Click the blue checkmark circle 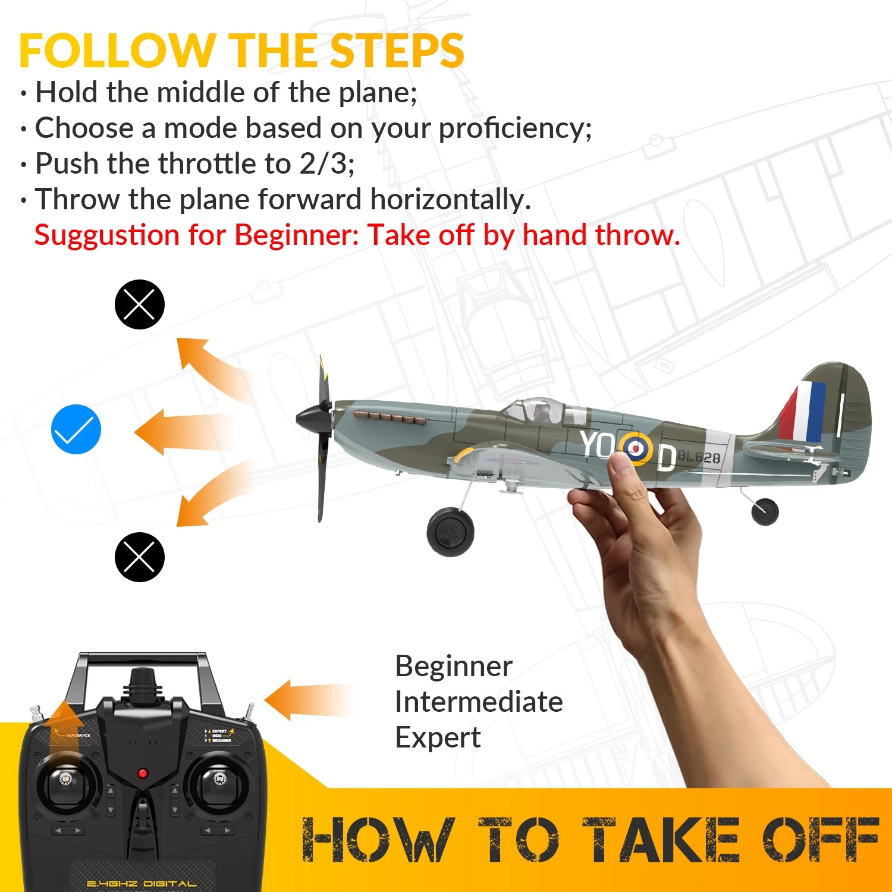click(x=76, y=429)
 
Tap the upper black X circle click(x=139, y=304)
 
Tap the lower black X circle click(x=139, y=557)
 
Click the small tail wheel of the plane click(x=765, y=511)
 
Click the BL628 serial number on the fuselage click(x=699, y=457)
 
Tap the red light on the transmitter click(x=143, y=773)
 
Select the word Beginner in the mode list click(x=453, y=666)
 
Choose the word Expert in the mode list click(x=438, y=737)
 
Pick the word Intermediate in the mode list click(x=479, y=702)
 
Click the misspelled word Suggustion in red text click(x=107, y=235)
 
